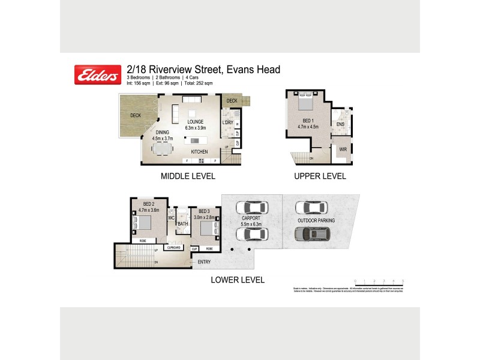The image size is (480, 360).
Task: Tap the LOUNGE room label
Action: [196, 122]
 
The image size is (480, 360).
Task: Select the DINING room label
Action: [163, 133]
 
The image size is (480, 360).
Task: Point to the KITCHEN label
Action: [199, 152]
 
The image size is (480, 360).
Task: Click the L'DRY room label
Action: [227, 123]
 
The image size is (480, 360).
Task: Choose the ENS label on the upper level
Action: [340, 125]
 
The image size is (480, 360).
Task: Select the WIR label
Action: [343, 149]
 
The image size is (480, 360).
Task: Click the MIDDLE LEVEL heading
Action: [187, 176]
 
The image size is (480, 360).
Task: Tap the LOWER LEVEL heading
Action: [237, 280]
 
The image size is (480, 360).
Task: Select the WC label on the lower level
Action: [170, 218]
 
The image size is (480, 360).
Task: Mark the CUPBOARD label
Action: [175, 248]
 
